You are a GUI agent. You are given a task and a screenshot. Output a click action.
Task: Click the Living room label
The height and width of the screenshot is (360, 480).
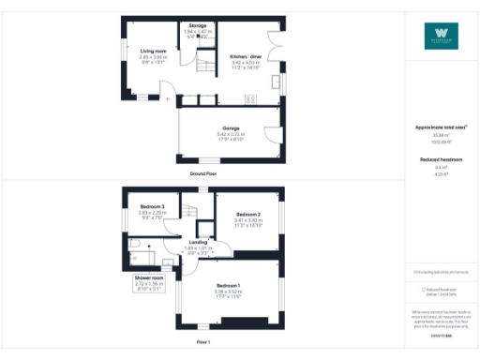pyautogui.click(x=153, y=51)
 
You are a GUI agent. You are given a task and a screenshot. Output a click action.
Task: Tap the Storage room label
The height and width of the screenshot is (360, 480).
pyautogui.click(x=198, y=25)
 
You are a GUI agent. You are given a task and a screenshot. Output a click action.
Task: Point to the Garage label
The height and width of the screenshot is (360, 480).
pyautogui.click(x=230, y=127)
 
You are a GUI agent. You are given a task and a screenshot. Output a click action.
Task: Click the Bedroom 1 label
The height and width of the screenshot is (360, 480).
pyautogui.click(x=230, y=285)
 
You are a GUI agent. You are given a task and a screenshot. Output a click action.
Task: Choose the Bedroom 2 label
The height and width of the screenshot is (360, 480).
pyautogui.click(x=248, y=215)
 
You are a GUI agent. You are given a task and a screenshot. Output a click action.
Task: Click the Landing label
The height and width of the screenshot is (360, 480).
pyautogui.click(x=197, y=242)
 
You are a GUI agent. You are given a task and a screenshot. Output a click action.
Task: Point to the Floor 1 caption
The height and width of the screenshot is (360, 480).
pyautogui.click(x=202, y=343)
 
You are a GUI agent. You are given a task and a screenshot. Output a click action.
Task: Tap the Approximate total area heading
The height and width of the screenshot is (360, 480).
pyautogui.click(x=441, y=127)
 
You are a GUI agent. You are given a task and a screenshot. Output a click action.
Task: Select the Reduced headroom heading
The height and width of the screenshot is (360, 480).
pyautogui.click(x=441, y=160)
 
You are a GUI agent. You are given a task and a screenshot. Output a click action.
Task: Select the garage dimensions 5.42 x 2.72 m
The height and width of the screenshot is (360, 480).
pyautogui.click(x=230, y=135)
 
